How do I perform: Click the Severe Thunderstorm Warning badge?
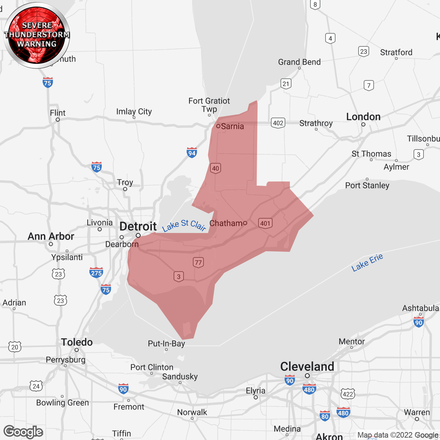(37, 35)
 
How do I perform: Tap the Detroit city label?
(138, 227)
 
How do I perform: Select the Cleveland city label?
(307, 366)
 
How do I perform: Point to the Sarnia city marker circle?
(218, 126)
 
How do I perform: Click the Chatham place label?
(226, 223)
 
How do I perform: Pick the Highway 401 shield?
(265, 223)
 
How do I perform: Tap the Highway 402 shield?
(278, 123)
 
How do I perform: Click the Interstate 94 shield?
(192, 153)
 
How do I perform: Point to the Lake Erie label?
(367, 263)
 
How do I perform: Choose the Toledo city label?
(77, 342)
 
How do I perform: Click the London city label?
(363, 117)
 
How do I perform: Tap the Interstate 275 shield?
(96, 273)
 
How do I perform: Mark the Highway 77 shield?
(198, 263)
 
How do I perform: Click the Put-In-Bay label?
(166, 343)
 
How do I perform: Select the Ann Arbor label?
(51, 236)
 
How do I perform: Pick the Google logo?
(23, 432)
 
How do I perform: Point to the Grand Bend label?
(299, 62)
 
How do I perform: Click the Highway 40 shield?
(216, 168)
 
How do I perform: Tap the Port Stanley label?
(367, 186)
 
